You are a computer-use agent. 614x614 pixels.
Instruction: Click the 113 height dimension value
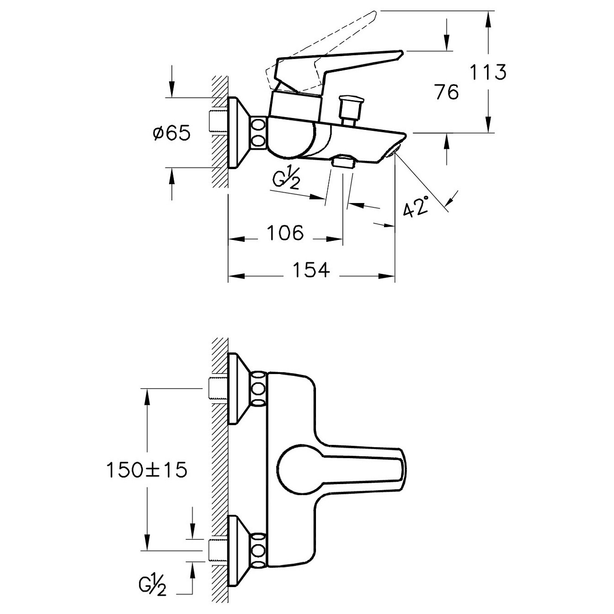(488, 72)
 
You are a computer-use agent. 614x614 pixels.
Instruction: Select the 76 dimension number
(447, 93)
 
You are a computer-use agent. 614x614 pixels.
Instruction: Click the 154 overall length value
(311, 270)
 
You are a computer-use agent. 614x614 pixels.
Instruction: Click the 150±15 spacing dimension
(146, 469)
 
